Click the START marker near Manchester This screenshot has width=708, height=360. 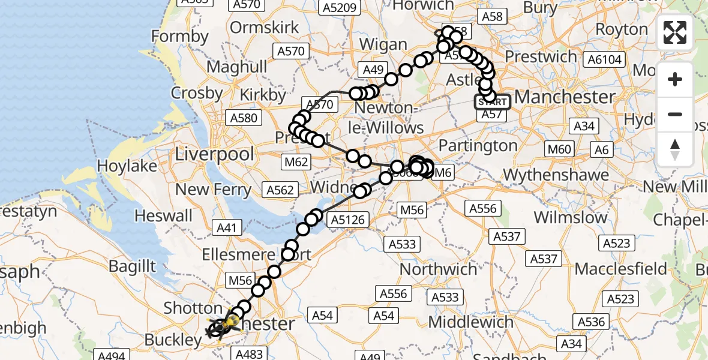coord(493,102)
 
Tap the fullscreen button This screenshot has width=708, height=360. coord(675,32)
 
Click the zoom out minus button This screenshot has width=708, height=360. coord(675,114)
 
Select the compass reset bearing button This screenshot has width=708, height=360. coord(675,149)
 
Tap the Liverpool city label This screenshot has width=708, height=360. coord(214,154)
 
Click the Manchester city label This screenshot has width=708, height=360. coord(565,97)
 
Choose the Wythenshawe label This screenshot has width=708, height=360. coord(556,176)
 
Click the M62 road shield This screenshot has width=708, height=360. coord(297,161)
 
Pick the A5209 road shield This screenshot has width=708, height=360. coord(340,8)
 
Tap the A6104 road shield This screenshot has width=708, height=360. coord(605,59)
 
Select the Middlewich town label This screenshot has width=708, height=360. coord(470,322)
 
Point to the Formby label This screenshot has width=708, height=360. coord(179,37)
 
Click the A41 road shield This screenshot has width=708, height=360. coord(226,227)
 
